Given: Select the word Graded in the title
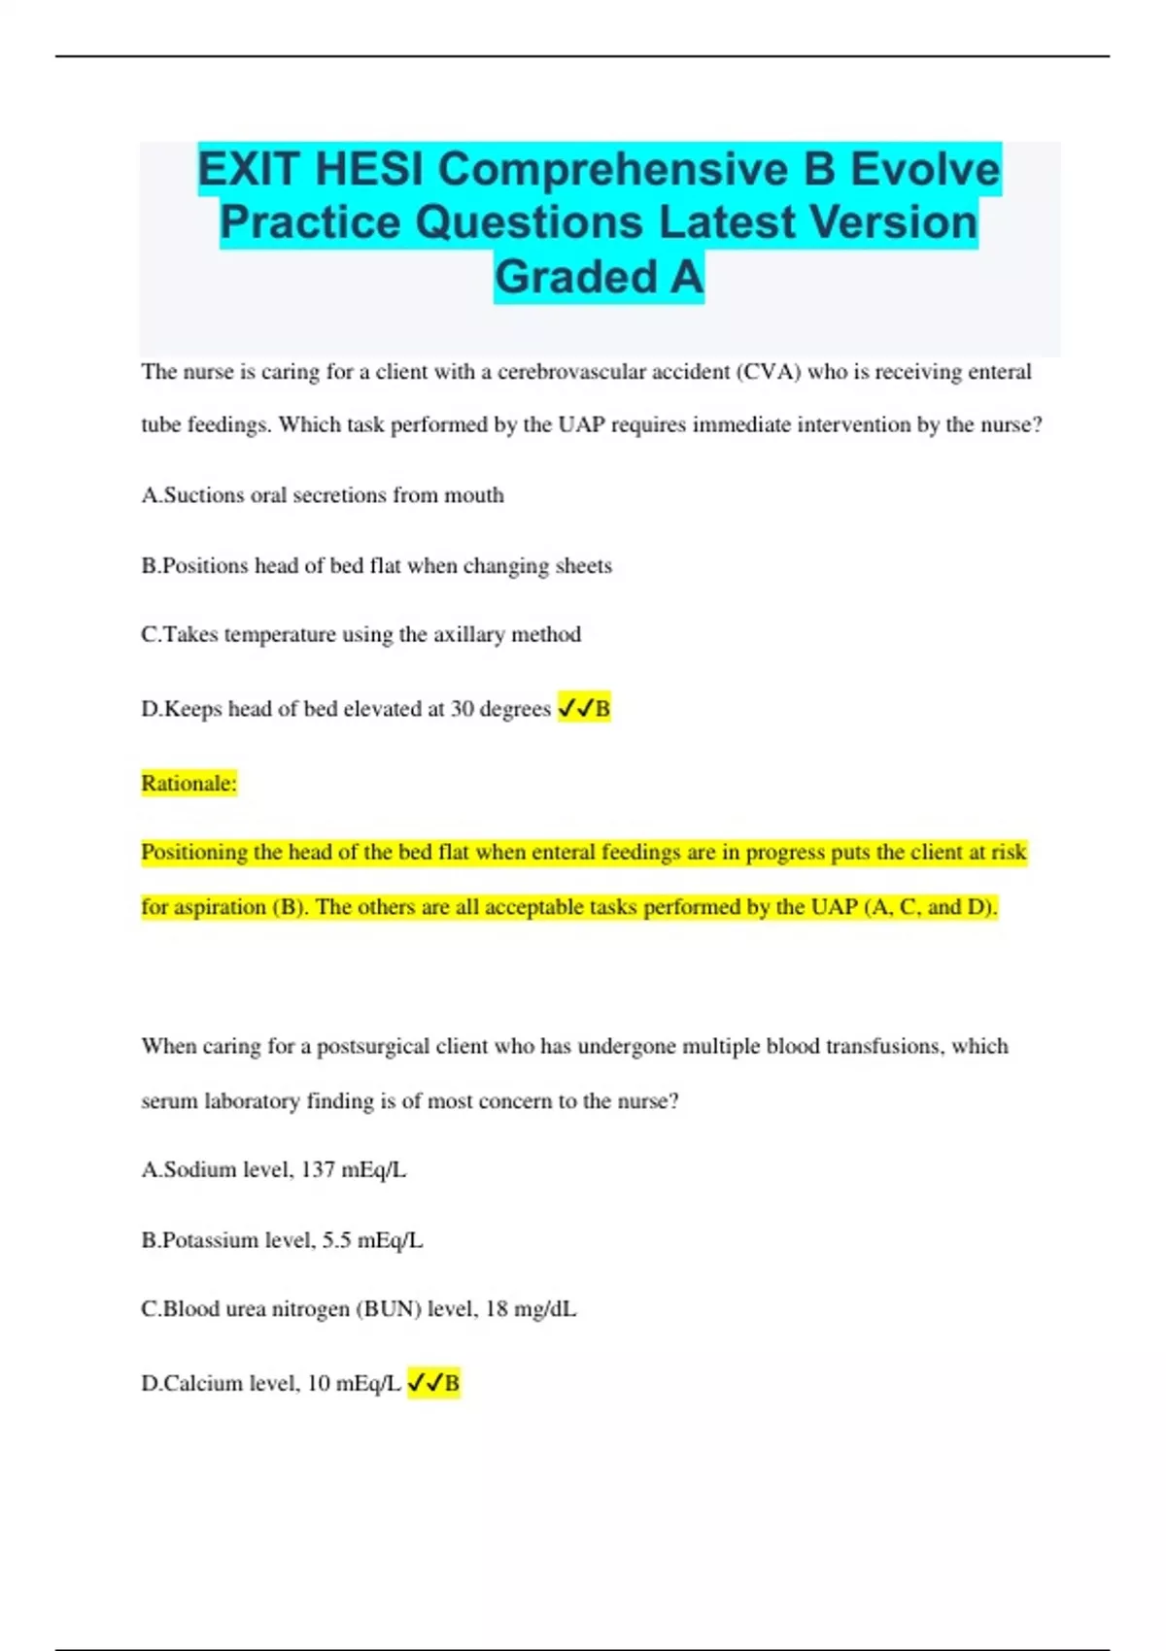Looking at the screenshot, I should [x=576, y=277].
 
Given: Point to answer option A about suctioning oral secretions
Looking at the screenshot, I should [x=323, y=495].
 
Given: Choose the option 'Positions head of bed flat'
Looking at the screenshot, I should [x=376, y=566].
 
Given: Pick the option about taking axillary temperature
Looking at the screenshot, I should [x=360, y=635].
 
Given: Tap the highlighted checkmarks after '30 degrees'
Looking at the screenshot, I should [x=574, y=709].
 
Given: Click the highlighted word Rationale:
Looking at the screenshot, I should [x=189, y=784].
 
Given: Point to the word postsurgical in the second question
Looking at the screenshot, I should [x=372, y=1047].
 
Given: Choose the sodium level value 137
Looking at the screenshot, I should [x=318, y=1170].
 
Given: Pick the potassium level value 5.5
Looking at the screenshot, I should [x=336, y=1241].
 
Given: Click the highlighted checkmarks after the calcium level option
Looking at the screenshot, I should [x=425, y=1383].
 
